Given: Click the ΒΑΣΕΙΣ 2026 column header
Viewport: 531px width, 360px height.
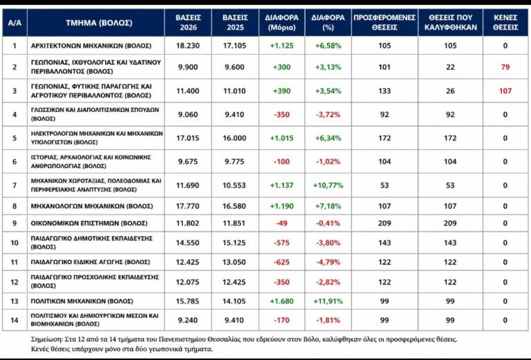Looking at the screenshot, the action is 188,22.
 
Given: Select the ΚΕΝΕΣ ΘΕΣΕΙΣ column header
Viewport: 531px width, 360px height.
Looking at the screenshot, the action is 505,22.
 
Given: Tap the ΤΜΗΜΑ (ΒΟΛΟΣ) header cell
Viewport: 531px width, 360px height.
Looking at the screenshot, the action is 99,23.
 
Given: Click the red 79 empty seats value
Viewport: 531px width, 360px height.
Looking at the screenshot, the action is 505,67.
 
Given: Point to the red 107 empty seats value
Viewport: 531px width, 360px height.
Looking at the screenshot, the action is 505,91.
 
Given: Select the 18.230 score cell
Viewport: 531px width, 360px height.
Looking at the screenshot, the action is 188,46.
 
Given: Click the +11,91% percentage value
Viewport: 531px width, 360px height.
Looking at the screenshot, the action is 328,301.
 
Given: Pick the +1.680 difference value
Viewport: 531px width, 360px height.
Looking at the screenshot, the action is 282,301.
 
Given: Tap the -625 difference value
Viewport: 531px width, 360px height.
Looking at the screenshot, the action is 282,262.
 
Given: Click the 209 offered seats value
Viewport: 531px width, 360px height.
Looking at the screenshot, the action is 384,223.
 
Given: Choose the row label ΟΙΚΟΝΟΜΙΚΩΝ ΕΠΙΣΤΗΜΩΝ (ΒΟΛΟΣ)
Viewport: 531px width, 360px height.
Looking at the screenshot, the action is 89,223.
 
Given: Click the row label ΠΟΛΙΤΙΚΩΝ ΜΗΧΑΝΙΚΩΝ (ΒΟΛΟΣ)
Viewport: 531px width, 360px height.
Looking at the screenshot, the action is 82,301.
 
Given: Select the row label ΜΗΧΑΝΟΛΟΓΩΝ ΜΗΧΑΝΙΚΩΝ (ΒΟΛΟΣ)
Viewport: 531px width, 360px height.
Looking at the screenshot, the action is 92,206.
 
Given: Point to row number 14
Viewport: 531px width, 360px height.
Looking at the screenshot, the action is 15,320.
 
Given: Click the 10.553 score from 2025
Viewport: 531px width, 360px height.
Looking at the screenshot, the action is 234,185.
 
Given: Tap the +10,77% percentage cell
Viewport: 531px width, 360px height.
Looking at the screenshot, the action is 328,185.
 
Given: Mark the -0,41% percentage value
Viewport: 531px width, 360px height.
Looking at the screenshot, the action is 328,223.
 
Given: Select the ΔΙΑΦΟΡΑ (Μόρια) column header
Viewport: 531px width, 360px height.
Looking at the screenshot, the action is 282,22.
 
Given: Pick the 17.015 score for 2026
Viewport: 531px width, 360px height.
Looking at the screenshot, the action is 188,138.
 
